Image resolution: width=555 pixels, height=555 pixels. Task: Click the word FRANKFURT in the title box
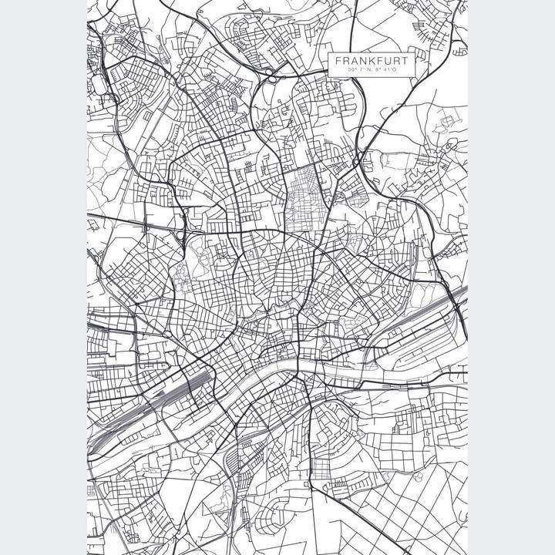[373, 60]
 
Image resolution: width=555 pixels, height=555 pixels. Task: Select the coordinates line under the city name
[373, 71]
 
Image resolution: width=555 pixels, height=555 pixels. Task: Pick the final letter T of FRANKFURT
[409, 60]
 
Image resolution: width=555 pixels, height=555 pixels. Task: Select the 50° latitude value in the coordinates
[354, 71]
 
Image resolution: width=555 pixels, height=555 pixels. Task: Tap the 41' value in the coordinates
[388, 71]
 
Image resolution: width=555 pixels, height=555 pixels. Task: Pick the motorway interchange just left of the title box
[274, 75]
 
